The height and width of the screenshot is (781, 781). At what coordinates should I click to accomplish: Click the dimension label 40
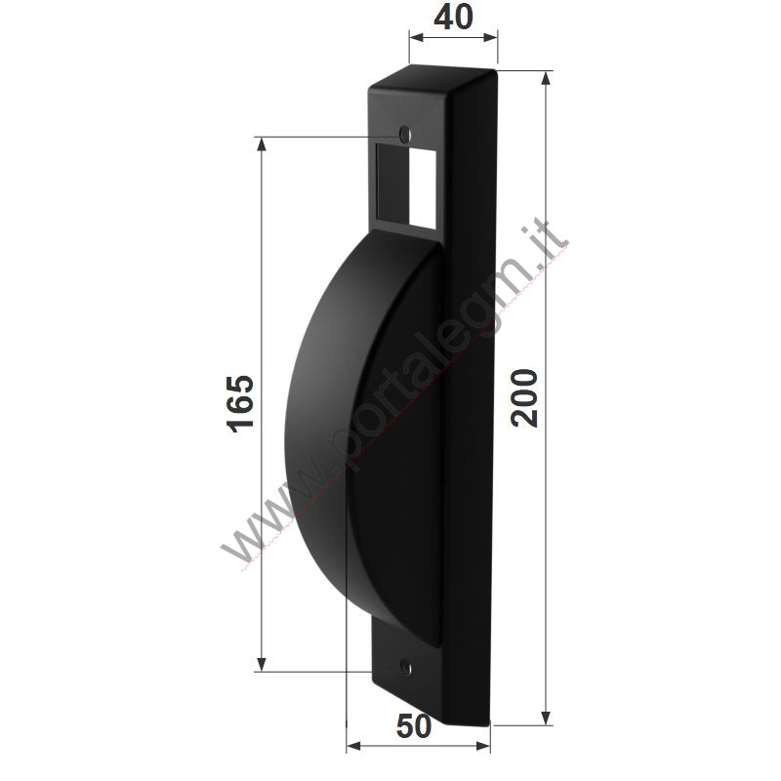tap(453, 18)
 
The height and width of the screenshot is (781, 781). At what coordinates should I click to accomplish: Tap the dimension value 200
tap(524, 398)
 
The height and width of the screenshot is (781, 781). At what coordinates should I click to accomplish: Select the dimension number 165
tap(240, 404)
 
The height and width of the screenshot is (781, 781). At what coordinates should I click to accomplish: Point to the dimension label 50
tap(414, 726)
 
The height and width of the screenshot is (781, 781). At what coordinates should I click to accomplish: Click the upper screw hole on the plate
tap(405, 134)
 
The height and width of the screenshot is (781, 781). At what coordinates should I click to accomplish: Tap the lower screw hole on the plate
tap(406, 667)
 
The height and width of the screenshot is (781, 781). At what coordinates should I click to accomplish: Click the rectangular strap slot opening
tap(406, 185)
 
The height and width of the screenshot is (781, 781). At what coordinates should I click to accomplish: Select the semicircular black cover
tap(363, 438)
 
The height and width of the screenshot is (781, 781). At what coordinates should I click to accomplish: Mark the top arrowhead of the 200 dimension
tap(547, 79)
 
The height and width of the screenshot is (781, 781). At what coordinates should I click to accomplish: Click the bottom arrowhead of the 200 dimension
tap(547, 718)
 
